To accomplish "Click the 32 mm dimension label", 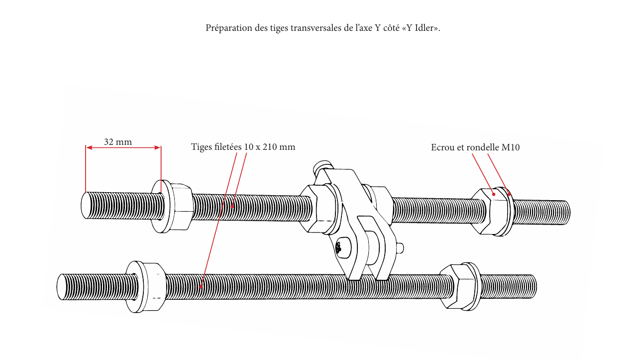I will pyautogui.click(x=118, y=142).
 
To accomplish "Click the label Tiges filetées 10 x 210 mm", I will pyautogui.click(x=243, y=147).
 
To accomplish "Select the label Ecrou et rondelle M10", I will pyautogui.click(x=475, y=147).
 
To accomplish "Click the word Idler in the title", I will pyautogui.click(x=425, y=28).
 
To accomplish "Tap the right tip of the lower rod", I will pyautogui.click(x=534, y=286).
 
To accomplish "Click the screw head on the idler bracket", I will pyautogui.click(x=341, y=247).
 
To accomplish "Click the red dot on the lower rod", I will pyautogui.click(x=201, y=286).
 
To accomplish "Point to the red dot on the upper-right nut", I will pyautogui.click(x=494, y=195).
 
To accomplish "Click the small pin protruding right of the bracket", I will pyautogui.click(x=400, y=248).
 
